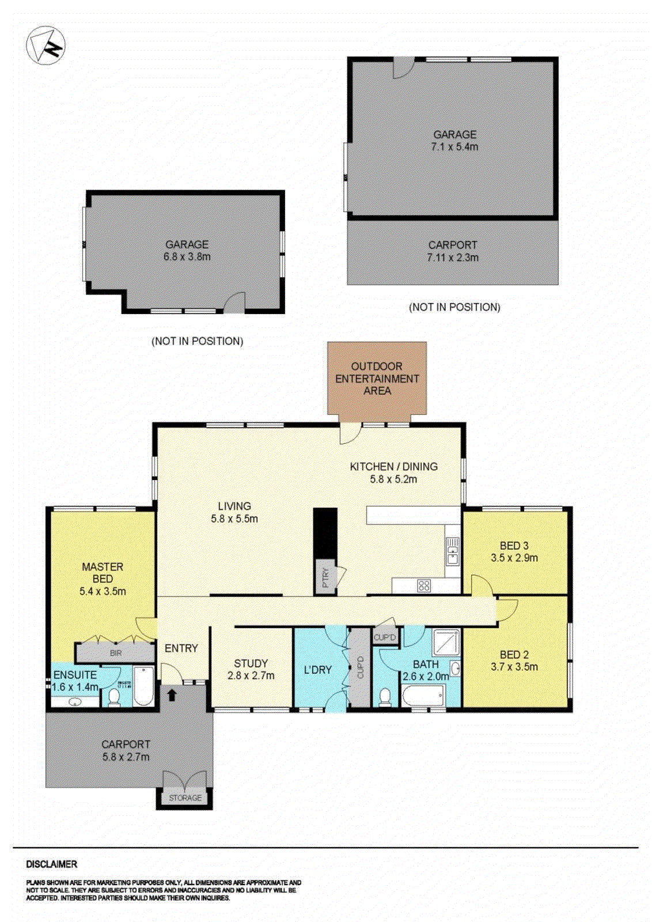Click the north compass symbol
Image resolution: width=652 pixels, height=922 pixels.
click(x=46, y=46)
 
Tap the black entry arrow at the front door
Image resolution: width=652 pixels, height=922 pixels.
click(x=171, y=695)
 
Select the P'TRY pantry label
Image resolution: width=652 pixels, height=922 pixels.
click(x=325, y=577)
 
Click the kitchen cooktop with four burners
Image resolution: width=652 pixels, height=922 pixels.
click(x=424, y=586)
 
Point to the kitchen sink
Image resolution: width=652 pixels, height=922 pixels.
click(x=453, y=551)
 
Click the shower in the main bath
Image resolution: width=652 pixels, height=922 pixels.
click(x=446, y=642)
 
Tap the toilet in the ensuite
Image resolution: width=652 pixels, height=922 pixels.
click(x=113, y=698)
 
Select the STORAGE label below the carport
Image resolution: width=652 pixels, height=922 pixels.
click(x=185, y=798)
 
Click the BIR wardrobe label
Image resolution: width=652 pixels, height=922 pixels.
click(x=116, y=653)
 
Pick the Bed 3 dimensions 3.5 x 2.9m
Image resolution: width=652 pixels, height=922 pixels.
click(x=514, y=558)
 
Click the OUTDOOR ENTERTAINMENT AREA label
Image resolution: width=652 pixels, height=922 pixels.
click(x=377, y=379)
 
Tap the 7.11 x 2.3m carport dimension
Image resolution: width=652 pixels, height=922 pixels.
click(x=452, y=258)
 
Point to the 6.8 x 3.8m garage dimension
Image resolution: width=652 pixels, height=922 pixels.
click(x=187, y=257)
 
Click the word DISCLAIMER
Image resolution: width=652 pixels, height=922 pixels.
click(x=51, y=864)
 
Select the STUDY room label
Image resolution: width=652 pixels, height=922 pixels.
click(x=251, y=663)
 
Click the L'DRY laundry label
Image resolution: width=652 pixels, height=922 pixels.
click(x=317, y=670)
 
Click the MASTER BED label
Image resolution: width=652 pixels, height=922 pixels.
click(x=103, y=572)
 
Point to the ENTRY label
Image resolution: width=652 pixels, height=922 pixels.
click(x=181, y=648)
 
